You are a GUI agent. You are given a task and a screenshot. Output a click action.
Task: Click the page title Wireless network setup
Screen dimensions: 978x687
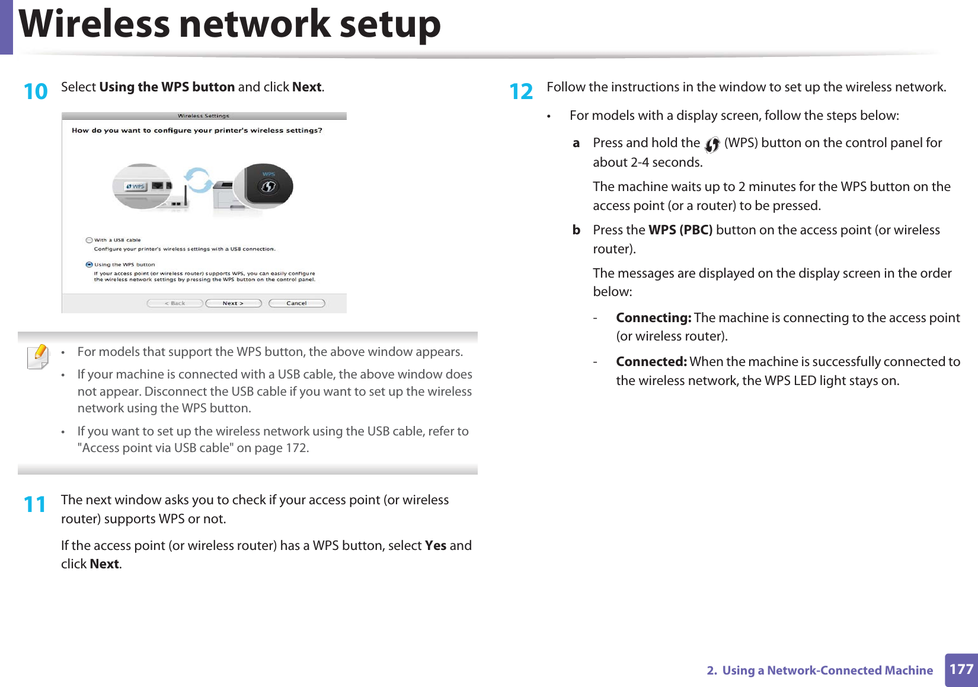(230, 25)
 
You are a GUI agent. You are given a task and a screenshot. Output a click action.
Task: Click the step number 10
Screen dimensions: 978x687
(36, 91)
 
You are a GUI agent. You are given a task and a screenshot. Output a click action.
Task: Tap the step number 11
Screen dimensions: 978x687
(35, 504)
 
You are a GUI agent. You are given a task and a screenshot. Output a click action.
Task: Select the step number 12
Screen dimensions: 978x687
(521, 91)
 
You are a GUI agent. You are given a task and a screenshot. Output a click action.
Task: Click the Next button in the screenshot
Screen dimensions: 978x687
(233, 303)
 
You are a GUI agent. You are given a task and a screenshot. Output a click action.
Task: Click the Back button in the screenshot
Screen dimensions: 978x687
(175, 303)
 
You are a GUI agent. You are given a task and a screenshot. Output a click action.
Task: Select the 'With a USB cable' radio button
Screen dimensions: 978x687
(90, 240)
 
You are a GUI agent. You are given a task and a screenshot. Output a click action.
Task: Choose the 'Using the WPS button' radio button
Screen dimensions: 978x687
(90, 265)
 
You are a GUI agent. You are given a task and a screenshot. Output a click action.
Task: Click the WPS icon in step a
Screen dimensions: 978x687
(712, 144)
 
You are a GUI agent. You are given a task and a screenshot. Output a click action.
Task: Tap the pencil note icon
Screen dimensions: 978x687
(39, 357)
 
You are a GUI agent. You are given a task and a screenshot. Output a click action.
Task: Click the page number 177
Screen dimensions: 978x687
(961, 670)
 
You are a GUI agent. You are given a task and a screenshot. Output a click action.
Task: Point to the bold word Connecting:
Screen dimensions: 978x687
(653, 318)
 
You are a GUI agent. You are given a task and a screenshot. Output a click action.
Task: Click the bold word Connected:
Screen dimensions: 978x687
(651, 362)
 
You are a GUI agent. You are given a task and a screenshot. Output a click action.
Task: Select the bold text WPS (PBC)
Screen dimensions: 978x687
(680, 230)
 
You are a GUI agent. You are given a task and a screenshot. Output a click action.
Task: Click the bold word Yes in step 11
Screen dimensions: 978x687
(436, 546)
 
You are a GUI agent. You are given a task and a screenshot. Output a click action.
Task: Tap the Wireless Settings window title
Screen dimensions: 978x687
(203, 116)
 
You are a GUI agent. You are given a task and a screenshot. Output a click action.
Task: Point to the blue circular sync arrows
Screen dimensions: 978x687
(197, 180)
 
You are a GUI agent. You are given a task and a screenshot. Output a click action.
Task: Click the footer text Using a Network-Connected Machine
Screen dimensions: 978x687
(827, 670)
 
